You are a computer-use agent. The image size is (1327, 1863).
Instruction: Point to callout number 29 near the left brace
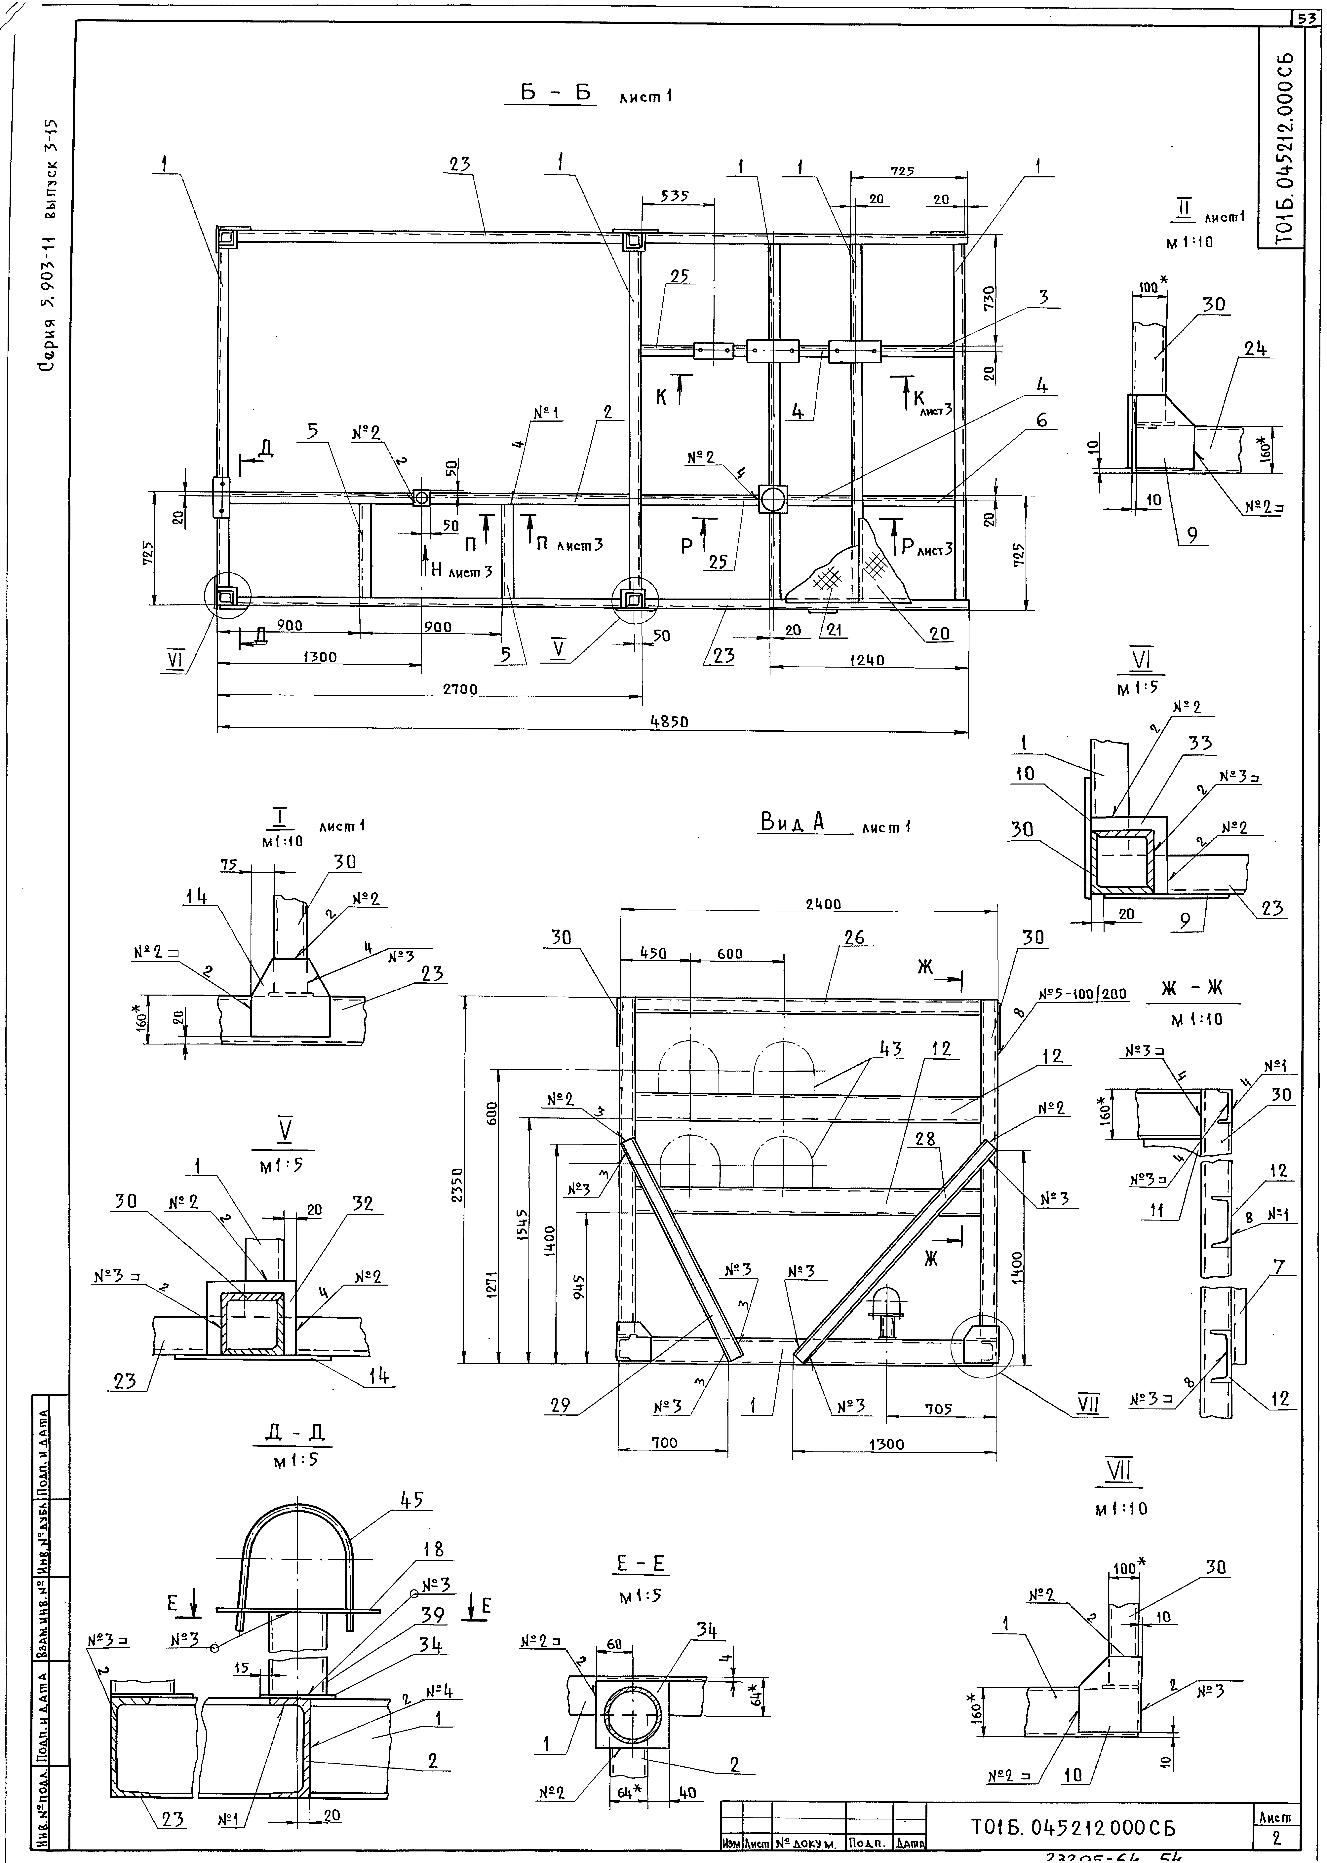coord(560,1405)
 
